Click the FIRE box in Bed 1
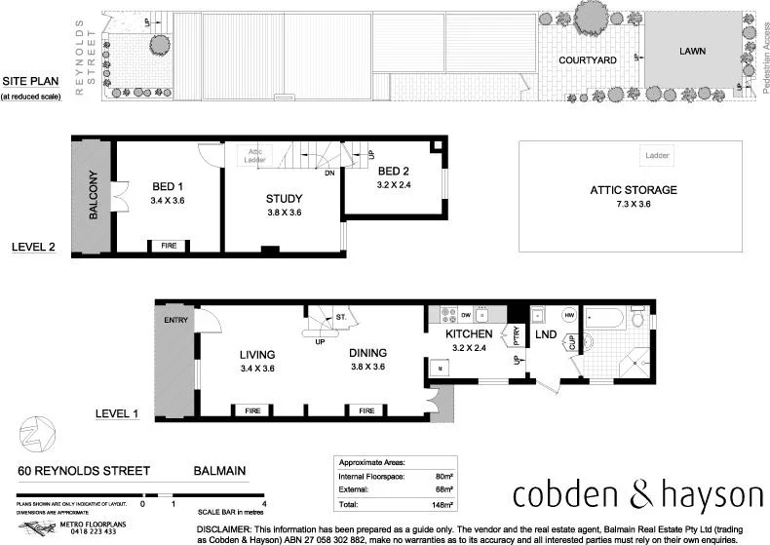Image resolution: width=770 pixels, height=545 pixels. click(168, 246)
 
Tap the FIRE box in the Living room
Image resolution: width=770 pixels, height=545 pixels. click(250, 410)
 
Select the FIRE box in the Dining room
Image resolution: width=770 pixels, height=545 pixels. click(366, 410)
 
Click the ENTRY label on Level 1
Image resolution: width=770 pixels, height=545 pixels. click(175, 320)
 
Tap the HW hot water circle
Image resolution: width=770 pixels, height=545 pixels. click(570, 315)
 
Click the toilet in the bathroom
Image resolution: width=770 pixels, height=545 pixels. click(637, 318)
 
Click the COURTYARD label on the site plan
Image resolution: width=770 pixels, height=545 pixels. click(587, 60)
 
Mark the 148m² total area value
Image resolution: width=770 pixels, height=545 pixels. click(443, 504)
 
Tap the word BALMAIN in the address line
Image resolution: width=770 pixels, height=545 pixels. click(219, 470)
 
